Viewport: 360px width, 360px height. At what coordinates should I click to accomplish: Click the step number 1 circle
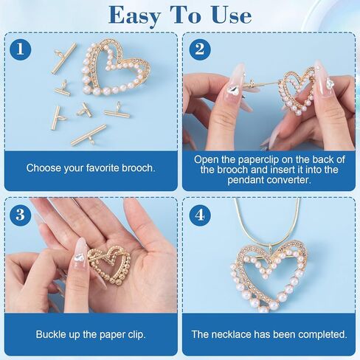(x=21, y=49)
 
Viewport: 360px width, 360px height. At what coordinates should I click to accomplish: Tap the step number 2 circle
(x=200, y=49)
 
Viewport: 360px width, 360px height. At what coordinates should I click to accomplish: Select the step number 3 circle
(x=21, y=215)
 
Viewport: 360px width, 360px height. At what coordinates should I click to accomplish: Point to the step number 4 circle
(x=200, y=215)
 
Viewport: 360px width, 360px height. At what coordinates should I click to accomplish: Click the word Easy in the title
(x=134, y=16)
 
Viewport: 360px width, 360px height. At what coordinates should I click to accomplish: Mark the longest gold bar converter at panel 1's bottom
(x=89, y=135)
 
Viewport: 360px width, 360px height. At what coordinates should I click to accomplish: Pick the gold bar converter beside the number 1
(x=63, y=58)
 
